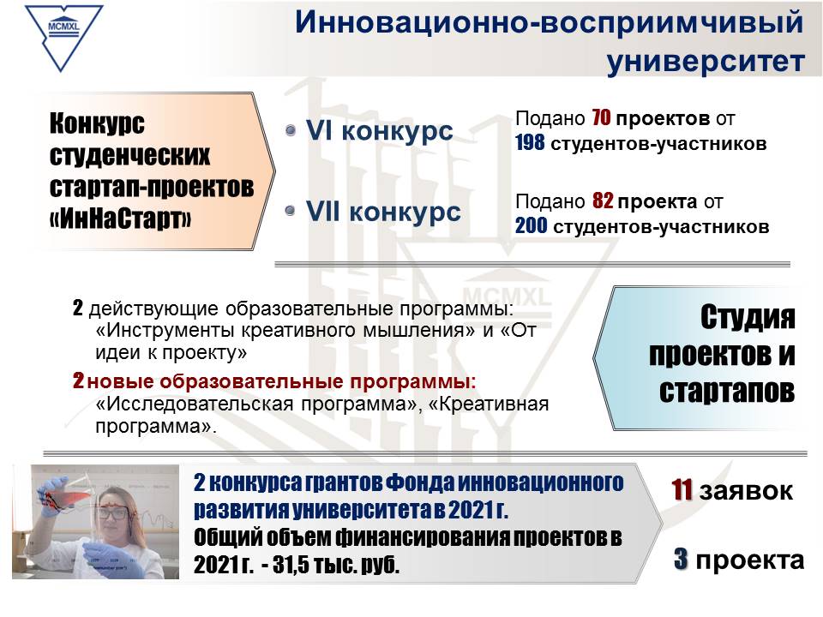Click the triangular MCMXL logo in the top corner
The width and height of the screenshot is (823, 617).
[63, 37]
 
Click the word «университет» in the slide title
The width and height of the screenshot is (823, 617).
[706, 61]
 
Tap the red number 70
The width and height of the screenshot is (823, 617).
[601, 118]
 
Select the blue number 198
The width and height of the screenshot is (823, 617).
[530, 143]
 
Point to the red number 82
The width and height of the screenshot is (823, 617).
[603, 201]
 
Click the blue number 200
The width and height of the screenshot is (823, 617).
[531, 226]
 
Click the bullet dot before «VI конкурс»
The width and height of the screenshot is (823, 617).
[291, 129]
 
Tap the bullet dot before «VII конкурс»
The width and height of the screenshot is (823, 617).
[291, 211]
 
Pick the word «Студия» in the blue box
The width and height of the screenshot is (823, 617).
[748, 317]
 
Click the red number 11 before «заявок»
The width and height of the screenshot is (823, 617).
[682, 490]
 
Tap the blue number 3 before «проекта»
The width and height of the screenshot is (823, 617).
[681, 559]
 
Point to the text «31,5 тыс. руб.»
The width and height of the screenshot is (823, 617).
[336, 565]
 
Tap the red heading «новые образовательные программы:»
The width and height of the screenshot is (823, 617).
[282, 381]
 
